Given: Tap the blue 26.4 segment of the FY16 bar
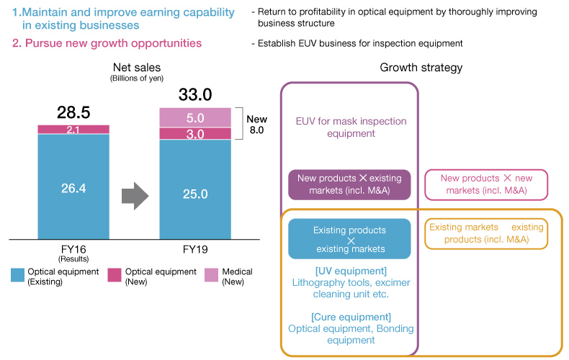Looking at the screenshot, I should [x=73, y=187].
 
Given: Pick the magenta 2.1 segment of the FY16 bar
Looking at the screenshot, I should [x=73, y=129].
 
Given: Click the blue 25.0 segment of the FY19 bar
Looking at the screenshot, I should [x=194, y=194].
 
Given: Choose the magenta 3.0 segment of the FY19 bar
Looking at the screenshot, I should [x=194, y=134].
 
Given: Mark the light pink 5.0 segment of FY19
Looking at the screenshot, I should [x=194, y=117].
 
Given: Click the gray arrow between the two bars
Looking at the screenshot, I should [x=133, y=194].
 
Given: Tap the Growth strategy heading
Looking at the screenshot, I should [x=421, y=68].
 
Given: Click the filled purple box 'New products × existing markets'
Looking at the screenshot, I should [x=349, y=184].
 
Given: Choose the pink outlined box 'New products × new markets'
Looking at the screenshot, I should [x=485, y=184].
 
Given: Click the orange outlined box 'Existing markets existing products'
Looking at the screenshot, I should [x=485, y=233].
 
